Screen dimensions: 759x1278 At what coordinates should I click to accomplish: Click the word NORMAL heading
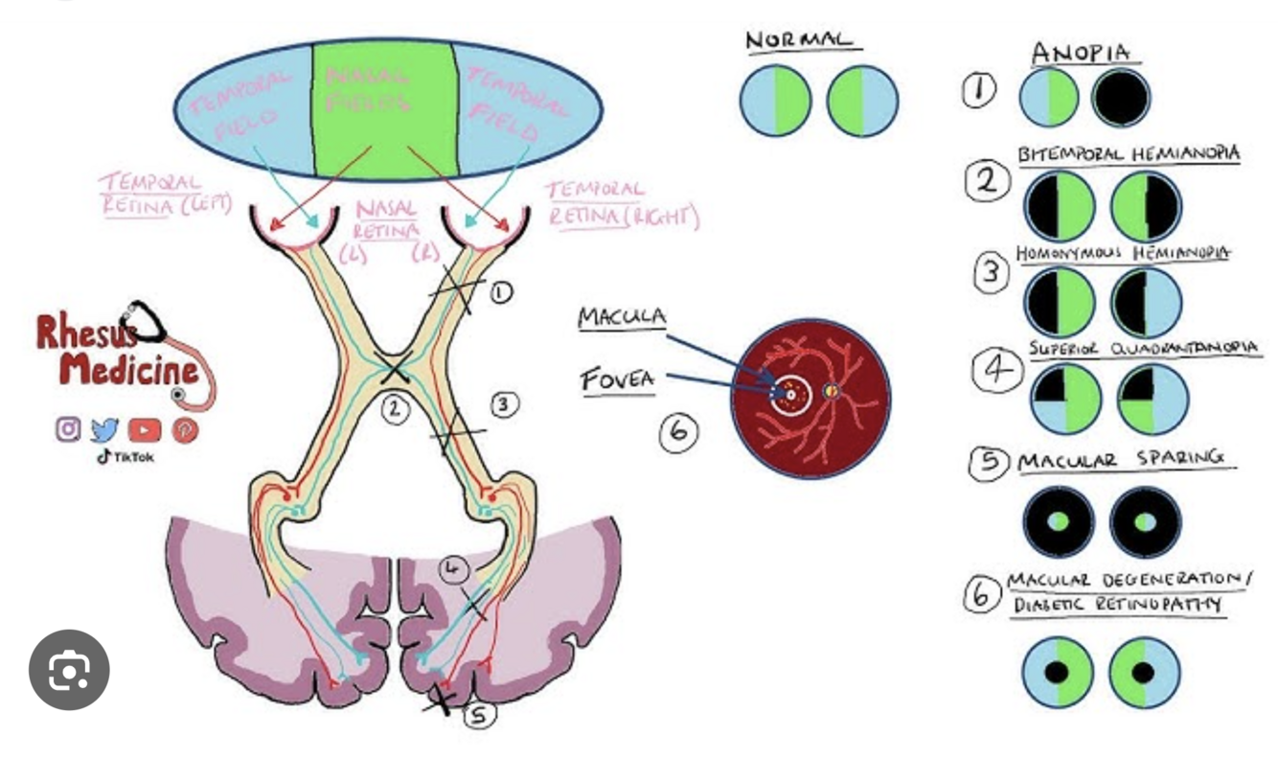tap(798, 40)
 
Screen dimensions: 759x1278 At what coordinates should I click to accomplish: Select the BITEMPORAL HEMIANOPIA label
tap(1129, 154)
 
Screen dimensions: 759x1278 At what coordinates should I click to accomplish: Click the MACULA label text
tap(622, 318)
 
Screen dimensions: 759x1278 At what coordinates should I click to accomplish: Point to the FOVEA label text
tap(618, 380)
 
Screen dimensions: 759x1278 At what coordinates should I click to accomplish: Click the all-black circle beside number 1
tap(1121, 99)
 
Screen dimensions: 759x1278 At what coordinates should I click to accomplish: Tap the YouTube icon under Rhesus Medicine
tap(145, 430)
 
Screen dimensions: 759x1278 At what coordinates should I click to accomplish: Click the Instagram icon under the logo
tap(68, 429)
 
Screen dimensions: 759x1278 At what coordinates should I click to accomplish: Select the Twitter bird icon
tap(105, 430)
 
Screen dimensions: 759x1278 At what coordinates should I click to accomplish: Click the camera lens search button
tap(69, 670)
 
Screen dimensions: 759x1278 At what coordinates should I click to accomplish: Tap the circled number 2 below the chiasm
tap(394, 410)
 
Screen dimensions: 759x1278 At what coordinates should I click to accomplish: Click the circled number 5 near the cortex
tap(480, 714)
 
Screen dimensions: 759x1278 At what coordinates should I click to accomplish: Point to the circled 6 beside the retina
tap(677, 432)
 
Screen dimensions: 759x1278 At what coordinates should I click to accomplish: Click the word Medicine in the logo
tap(129, 370)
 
